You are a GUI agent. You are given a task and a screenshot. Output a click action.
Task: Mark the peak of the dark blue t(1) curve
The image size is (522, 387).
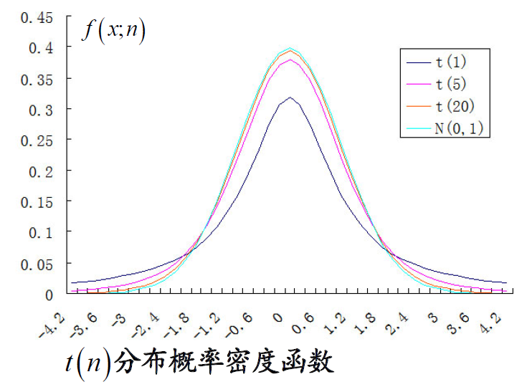290,97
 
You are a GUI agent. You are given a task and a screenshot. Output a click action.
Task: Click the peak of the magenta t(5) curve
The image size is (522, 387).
290,59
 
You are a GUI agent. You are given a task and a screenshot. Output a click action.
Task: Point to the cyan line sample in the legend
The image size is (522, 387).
417,130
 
